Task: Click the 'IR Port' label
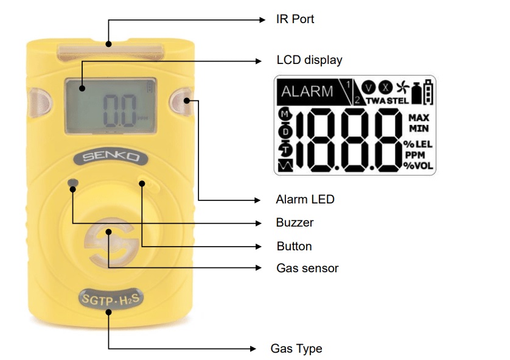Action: pos(295,19)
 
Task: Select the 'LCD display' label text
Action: pos(309,60)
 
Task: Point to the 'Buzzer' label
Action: pos(295,222)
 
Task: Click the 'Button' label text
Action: pos(294,246)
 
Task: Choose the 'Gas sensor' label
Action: pos(307,268)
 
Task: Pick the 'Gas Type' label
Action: pos(296,348)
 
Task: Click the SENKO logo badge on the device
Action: pos(110,157)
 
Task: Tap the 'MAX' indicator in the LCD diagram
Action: pos(419,117)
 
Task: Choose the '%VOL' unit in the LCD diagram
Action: pos(418,165)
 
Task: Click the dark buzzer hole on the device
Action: pos(74,183)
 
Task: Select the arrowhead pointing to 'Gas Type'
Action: pos(253,348)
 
